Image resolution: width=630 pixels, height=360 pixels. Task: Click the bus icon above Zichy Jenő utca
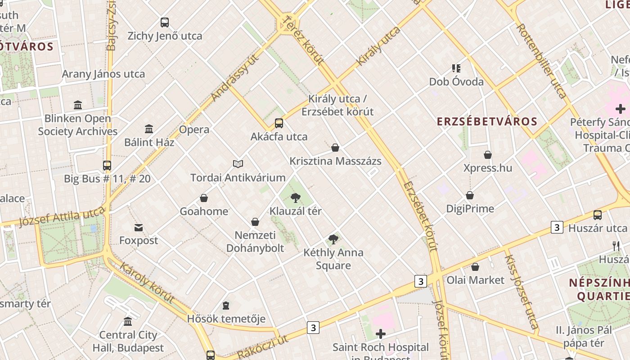(x=165, y=22)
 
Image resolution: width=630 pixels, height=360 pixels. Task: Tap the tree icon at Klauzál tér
(x=296, y=198)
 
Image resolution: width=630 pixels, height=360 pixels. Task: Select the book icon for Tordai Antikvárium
(x=238, y=164)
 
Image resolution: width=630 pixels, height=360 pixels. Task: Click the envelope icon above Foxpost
(x=139, y=228)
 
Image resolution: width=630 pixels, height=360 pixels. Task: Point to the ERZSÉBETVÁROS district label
(x=487, y=121)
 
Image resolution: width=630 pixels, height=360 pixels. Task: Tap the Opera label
(x=194, y=130)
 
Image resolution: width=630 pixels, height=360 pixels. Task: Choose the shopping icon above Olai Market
(x=475, y=267)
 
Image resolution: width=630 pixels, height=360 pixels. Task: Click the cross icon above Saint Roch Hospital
(x=381, y=334)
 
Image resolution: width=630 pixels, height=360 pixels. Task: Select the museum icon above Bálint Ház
(x=149, y=129)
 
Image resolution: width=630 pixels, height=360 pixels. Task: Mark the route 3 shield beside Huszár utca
(x=557, y=228)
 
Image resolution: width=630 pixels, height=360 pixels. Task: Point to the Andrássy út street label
(x=235, y=78)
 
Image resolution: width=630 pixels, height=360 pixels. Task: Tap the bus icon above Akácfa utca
(x=279, y=123)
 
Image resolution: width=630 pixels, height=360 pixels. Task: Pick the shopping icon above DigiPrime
(x=470, y=195)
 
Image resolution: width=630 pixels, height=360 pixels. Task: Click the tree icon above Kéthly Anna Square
(x=333, y=239)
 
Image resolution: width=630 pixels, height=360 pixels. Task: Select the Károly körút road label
(x=147, y=283)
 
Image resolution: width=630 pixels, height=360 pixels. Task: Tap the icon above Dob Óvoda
(x=456, y=68)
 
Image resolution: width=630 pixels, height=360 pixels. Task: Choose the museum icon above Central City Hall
(x=128, y=322)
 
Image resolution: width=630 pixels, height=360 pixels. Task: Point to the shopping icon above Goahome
(x=204, y=198)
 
